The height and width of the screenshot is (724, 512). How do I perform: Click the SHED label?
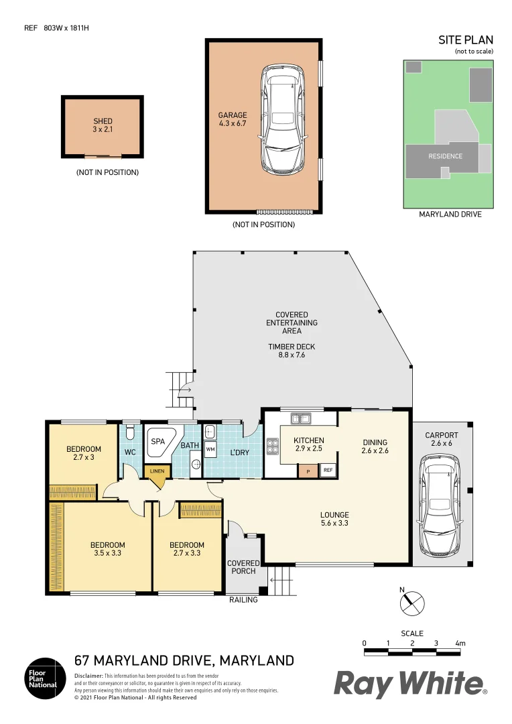pyautogui.click(x=103, y=121)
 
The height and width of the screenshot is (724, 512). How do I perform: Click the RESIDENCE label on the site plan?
pyautogui.click(x=445, y=156)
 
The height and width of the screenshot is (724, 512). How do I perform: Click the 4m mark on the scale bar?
pyautogui.click(x=460, y=644)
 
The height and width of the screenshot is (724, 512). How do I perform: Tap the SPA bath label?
pyautogui.click(x=157, y=442)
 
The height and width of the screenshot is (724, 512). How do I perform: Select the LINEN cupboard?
pyautogui.click(x=157, y=471)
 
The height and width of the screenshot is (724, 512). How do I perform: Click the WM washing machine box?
pyautogui.click(x=210, y=448)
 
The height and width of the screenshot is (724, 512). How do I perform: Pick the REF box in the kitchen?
pyautogui.click(x=328, y=471)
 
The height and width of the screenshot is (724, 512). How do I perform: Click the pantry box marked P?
pyautogui.click(x=308, y=471)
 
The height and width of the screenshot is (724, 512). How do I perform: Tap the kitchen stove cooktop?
pyautogui.click(x=273, y=446)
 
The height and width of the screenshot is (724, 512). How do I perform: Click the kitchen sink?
pyautogui.click(x=300, y=419)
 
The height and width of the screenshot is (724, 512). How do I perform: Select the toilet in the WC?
pyautogui.click(x=130, y=431)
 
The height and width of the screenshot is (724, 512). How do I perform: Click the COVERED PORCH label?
pyautogui.click(x=243, y=567)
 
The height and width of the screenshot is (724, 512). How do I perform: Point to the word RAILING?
pyautogui.click(x=243, y=599)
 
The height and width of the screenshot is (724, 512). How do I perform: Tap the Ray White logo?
pyautogui.click(x=410, y=684)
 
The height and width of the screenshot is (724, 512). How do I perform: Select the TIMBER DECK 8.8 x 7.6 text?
pyautogui.click(x=292, y=351)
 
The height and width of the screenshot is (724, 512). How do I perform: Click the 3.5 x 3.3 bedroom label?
pyautogui.click(x=107, y=549)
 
